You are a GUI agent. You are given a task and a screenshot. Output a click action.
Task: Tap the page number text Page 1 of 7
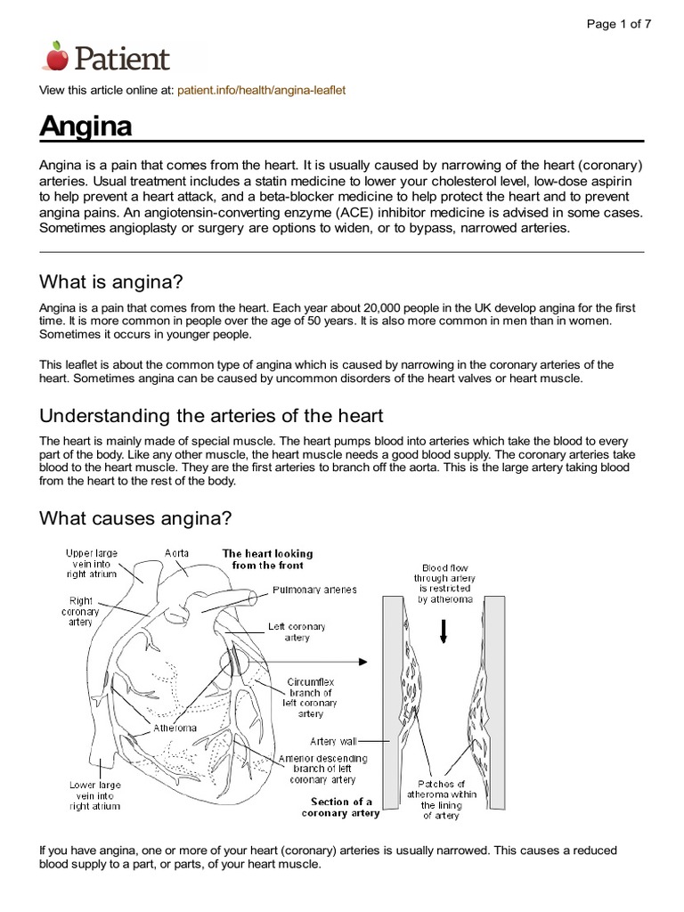coord(618,24)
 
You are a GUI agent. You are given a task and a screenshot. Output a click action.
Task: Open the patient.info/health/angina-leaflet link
coord(261,91)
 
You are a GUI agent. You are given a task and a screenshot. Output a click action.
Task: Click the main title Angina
coord(85,126)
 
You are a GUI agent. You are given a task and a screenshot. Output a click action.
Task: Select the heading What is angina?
coord(110,282)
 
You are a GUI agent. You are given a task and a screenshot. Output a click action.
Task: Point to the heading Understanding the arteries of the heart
coord(211,416)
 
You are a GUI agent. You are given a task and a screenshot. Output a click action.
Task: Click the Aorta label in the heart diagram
coord(176,553)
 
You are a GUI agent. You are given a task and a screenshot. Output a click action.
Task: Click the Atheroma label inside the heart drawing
coord(175,727)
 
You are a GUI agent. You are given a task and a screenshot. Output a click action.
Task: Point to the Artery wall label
coord(335,740)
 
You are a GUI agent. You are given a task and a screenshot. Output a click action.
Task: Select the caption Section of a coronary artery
coord(341,806)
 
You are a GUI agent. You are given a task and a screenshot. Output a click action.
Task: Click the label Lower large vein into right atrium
coord(94,795)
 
